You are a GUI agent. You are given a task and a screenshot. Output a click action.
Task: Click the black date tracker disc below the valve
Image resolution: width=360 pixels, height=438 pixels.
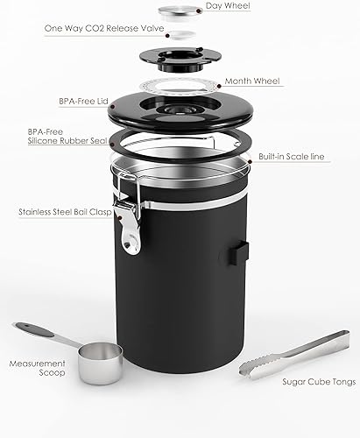180,58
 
